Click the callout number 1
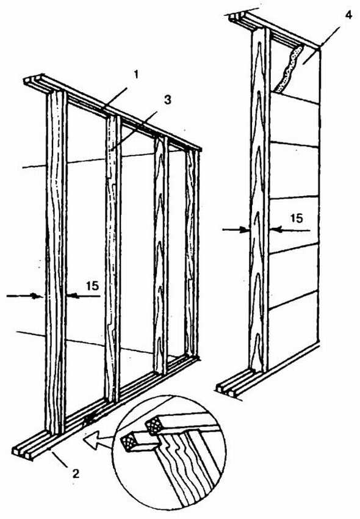[135, 75]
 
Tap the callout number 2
[76, 474]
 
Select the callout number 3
[168, 100]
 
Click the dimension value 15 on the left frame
[92, 286]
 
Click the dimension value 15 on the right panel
[297, 218]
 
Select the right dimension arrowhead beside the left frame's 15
[73, 296]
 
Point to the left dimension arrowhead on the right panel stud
[245, 230]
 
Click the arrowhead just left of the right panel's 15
[276, 230]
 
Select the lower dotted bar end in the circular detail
[128, 442]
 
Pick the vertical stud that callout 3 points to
[113, 258]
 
